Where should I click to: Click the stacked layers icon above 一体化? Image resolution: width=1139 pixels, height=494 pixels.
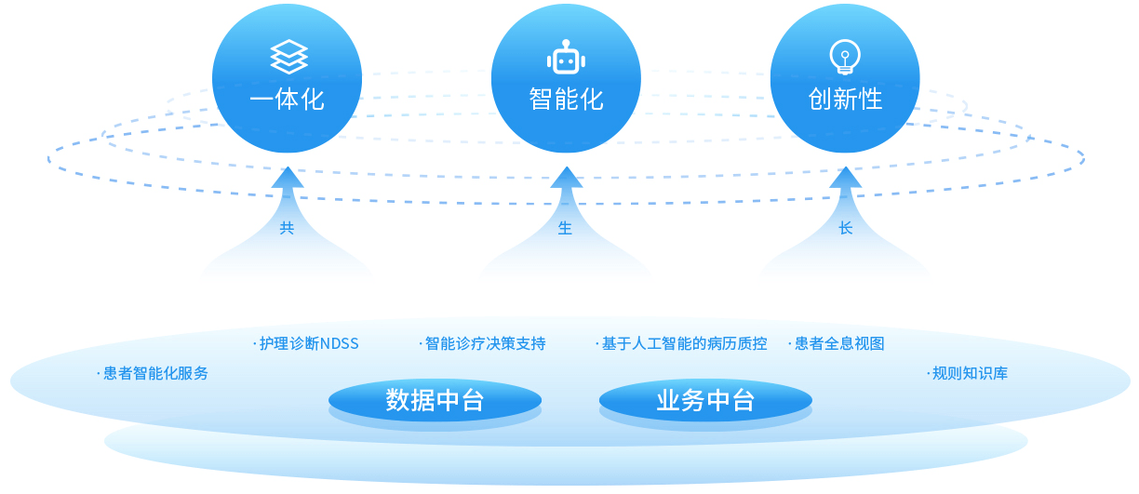tap(288, 57)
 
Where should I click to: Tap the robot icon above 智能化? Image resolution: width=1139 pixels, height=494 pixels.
tap(566, 57)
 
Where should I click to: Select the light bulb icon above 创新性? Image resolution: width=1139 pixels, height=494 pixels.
tap(845, 57)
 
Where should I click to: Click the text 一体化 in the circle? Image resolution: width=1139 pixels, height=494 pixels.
tap(287, 100)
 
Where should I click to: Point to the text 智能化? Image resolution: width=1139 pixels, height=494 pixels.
tap(566, 100)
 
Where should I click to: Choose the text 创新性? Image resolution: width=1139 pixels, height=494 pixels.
tap(845, 100)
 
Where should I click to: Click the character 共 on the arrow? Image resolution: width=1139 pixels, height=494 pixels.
tap(287, 228)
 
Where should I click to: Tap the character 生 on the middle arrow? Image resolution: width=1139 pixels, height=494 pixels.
tap(565, 228)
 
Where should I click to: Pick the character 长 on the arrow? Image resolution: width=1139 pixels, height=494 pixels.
tap(846, 228)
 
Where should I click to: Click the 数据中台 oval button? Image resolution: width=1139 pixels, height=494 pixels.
tap(435, 400)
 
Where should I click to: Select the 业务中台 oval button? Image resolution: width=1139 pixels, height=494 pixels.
tap(705, 400)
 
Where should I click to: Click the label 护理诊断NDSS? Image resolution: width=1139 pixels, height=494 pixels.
tap(309, 343)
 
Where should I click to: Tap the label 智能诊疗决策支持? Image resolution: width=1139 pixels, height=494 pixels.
tap(485, 343)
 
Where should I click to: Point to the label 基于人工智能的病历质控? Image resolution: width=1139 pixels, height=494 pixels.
tap(684, 343)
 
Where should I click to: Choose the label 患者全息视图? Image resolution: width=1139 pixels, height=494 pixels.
tap(839, 343)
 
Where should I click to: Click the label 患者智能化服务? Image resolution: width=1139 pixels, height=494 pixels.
tap(155, 374)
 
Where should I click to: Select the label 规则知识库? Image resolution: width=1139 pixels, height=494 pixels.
tap(970, 374)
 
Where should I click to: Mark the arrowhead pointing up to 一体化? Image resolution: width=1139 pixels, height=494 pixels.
tap(288, 179)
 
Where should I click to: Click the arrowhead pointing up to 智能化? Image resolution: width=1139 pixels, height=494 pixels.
tap(567, 179)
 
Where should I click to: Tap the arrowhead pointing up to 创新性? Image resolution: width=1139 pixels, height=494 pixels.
tap(846, 179)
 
